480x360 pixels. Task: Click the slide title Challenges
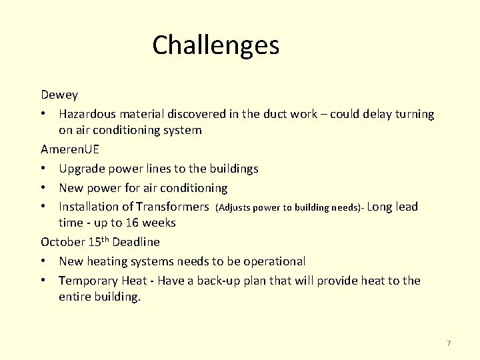coord(215,45)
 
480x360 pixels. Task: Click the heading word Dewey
coord(59,95)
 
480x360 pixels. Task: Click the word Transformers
coord(172,207)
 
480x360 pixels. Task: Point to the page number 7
coord(449,343)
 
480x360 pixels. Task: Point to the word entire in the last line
coord(75,297)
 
